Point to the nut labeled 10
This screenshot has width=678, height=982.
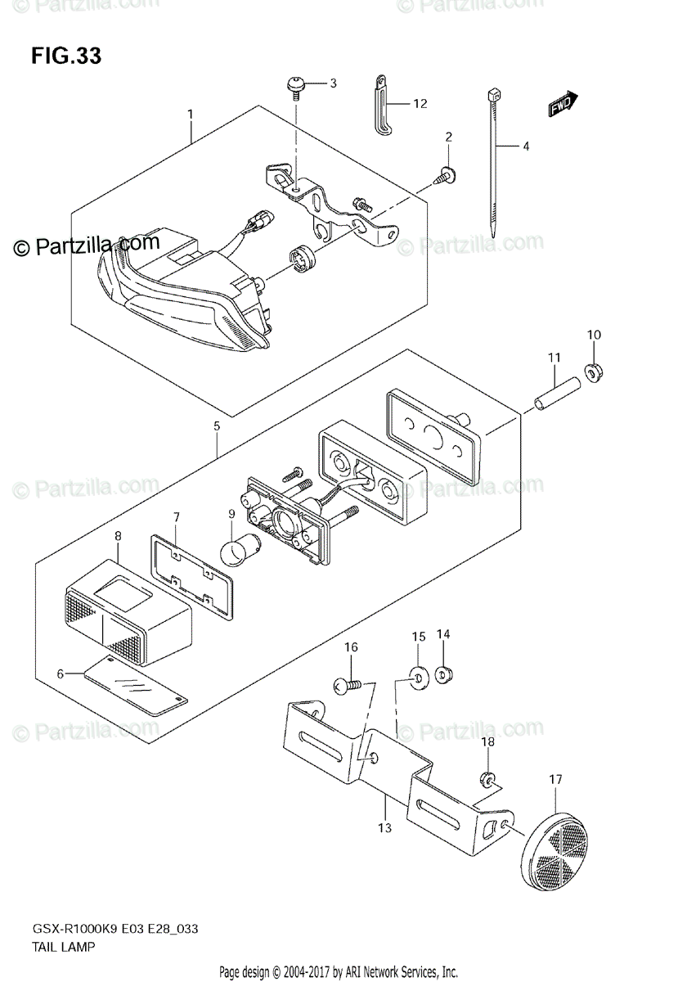click(594, 372)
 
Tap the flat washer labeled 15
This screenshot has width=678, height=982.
click(418, 676)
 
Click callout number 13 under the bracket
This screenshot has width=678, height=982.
click(385, 828)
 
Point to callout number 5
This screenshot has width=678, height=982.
click(217, 426)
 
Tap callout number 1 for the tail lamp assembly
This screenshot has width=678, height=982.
click(190, 113)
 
